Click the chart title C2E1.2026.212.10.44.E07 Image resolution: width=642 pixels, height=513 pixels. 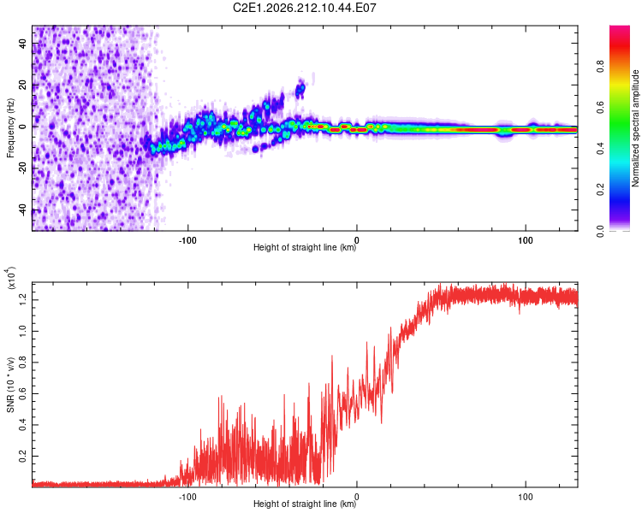304,8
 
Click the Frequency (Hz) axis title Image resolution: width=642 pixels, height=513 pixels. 10,128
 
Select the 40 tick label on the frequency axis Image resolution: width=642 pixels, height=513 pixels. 22,44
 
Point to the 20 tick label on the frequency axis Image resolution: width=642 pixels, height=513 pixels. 22,85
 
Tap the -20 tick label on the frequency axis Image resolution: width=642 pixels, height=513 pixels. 22,168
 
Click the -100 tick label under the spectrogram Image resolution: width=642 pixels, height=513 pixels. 187,240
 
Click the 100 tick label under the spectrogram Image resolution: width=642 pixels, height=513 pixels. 526,240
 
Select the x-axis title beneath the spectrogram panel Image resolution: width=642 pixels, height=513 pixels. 305,247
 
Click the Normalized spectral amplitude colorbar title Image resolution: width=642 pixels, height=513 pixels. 635,128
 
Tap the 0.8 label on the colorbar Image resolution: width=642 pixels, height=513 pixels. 600,66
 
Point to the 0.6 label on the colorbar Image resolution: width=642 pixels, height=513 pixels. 600,108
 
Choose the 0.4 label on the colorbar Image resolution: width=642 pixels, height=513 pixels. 600,149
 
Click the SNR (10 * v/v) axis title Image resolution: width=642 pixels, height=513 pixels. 10,385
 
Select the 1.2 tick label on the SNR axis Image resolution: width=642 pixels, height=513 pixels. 22,300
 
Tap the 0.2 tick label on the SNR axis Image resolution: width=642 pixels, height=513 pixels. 22,456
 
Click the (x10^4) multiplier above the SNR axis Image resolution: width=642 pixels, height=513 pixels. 10,278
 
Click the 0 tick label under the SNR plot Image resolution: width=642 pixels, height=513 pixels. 357,497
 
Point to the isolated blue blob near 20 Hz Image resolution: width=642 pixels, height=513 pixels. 300,89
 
